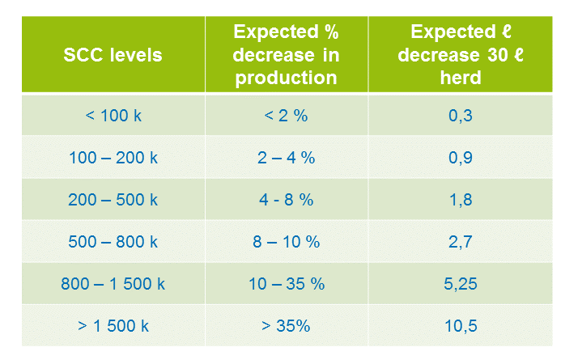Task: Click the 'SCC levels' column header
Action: point(113,55)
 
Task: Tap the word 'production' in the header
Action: point(286,78)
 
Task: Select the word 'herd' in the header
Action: point(461,78)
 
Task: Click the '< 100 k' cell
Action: point(113,116)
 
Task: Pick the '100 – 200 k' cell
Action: point(113,158)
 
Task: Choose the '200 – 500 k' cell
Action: point(113,200)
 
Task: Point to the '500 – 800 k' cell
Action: point(113,242)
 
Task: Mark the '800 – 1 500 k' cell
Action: point(113,284)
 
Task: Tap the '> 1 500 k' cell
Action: point(113,326)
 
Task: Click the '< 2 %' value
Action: point(286,116)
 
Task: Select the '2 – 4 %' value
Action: point(286,158)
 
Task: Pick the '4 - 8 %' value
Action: point(286,200)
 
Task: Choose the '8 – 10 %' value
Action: point(286,242)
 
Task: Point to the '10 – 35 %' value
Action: point(287,284)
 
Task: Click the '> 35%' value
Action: point(286,326)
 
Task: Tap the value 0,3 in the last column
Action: point(461,116)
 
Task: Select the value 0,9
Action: point(461,158)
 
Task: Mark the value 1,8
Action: point(461,200)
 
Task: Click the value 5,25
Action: point(461,284)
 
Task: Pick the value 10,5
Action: point(461,326)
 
